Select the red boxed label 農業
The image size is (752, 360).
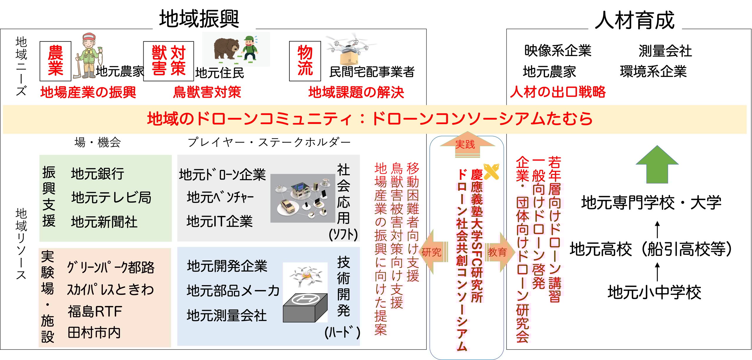(x=56, y=61)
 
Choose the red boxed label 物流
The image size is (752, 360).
(x=305, y=61)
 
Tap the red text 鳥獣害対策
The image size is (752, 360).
(x=207, y=92)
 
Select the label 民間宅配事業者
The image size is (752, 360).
(x=372, y=72)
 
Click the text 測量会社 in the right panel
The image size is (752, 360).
(x=665, y=51)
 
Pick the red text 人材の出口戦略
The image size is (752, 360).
(x=558, y=92)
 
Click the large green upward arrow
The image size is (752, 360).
(x=657, y=164)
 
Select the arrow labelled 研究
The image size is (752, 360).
(x=433, y=252)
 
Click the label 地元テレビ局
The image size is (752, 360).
(x=111, y=197)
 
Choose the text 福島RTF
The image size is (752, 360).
(x=95, y=312)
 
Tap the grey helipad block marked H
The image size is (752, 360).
(x=305, y=308)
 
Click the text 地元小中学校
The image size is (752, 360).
(x=654, y=292)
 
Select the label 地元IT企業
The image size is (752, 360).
(x=219, y=221)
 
